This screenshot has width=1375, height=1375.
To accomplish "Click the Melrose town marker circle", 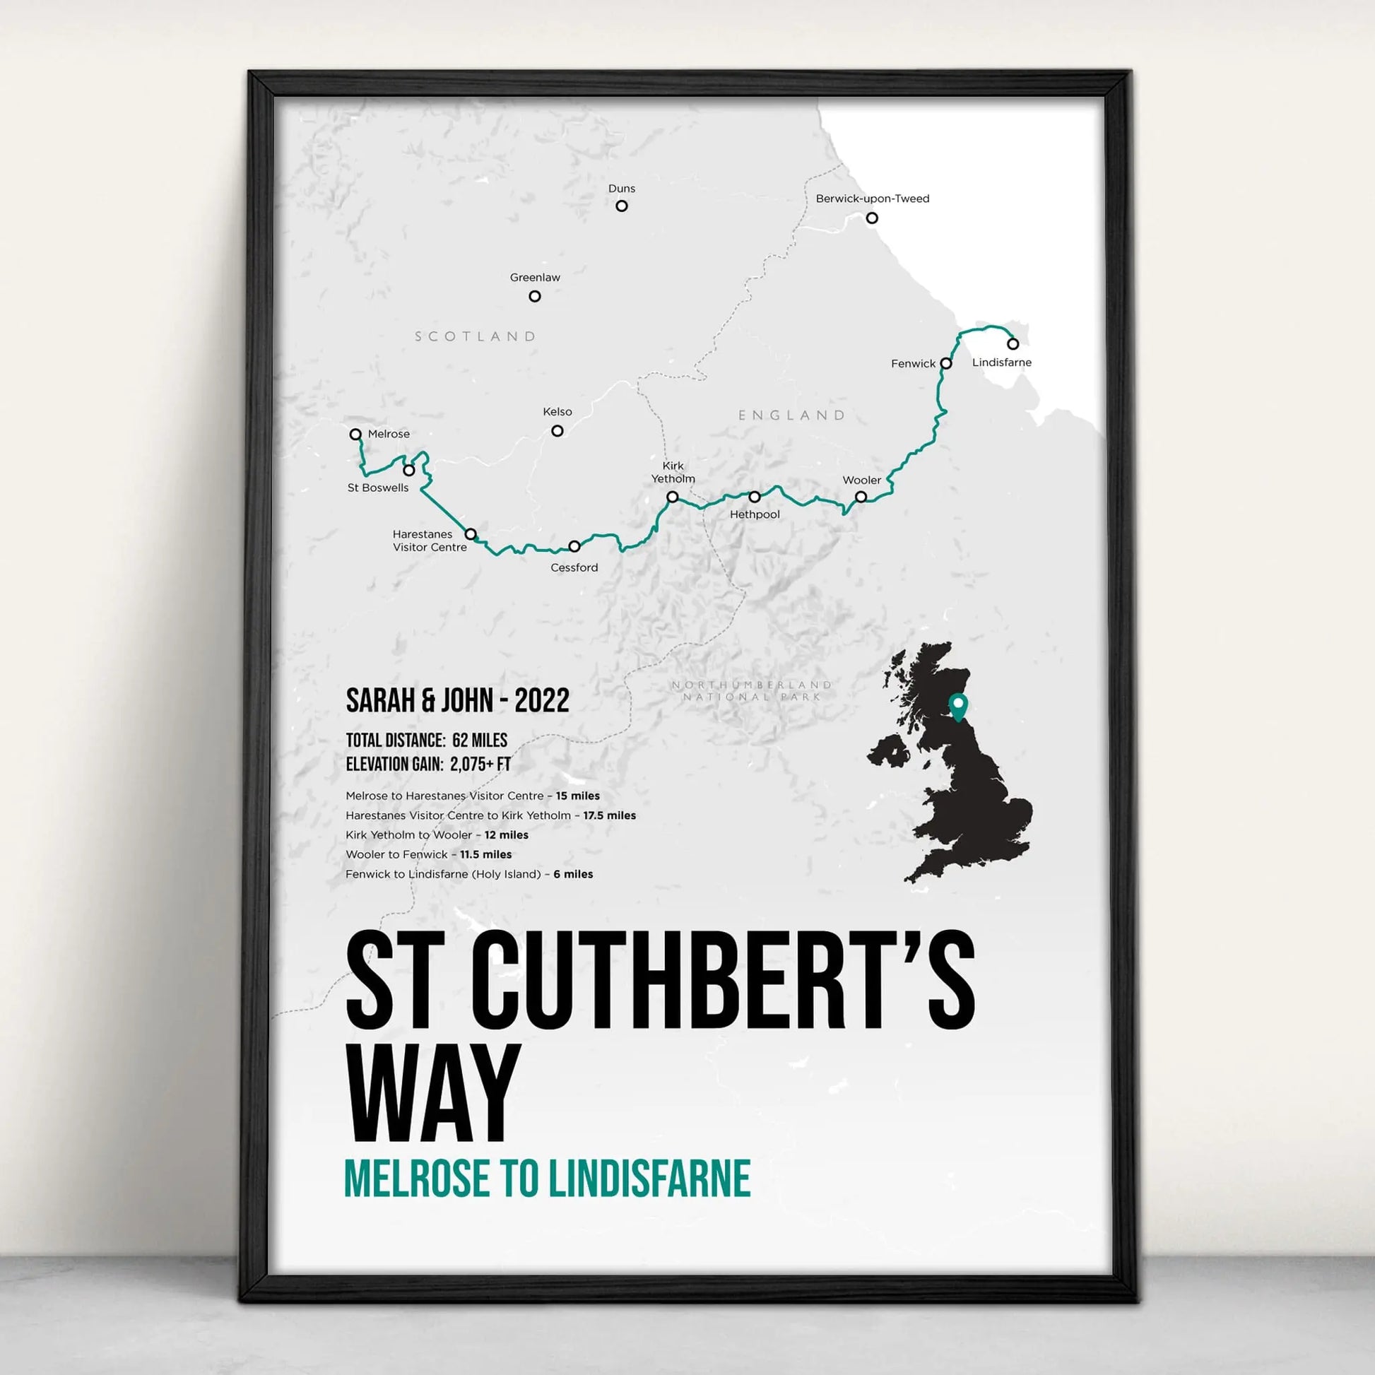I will pyautogui.click(x=356, y=434).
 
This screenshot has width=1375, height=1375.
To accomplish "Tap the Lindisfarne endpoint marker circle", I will pyautogui.click(x=1013, y=343).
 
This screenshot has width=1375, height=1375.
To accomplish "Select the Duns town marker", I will pyautogui.click(x=621, y=206).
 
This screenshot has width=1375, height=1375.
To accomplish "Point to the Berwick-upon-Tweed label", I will pyautogui.click(x=873, y=199).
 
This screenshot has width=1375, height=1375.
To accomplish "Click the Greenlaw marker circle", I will pyautogui.click(x=534, y=296).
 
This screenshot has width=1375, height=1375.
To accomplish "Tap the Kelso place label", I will pyautogui.click(x=557, y=412).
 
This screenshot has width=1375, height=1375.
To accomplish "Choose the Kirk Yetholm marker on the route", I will pyautogui.click(x=673, y=497).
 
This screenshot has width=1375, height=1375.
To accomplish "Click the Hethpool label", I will pyautogui.click(x=755, y=514).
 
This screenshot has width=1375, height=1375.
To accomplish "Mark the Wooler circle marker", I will pyautogui.click(x=861, y=497).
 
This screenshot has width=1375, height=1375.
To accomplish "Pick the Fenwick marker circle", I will pyautogui.click(x=946, y=363).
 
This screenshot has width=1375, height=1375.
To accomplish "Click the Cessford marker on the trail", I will pyautogui.click(x=574, y=547).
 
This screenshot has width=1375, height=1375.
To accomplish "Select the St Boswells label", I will pyautogui.click(x=378, y=488).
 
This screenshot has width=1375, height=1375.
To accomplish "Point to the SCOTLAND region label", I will pyautogui.click(x=476, y=336).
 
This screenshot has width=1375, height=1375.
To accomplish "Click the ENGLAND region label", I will pyautogui.click(x=791, y=415).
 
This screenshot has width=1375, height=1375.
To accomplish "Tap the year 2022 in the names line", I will pyautogui.click(x=542, y=701).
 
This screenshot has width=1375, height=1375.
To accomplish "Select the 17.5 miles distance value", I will pyautogui.click(x=609, y=815).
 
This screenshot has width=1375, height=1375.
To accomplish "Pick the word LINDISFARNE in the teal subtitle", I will pyautogui.click(x=650, y=1179).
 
